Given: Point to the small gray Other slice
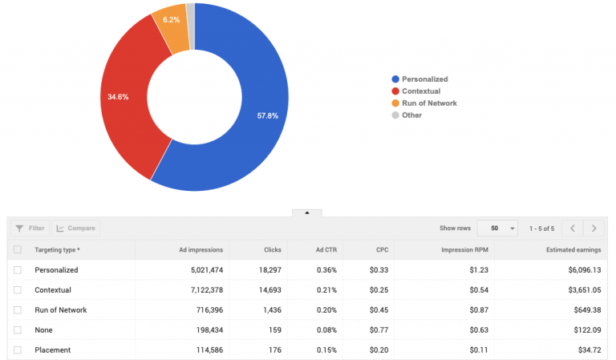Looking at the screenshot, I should tap(190, 11).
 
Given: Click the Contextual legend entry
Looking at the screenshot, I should tap(420, 91).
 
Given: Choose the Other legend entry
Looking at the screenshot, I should tap(411, 115).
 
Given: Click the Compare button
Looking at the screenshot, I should tap(75, 229).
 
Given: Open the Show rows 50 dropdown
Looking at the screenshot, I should tap(497, 229).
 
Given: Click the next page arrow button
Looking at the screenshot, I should tap(594, 229).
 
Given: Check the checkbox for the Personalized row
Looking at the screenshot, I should tap(18, 270).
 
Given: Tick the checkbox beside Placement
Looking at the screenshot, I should tap(18, 350).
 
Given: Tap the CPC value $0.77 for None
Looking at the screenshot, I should tap(377, 330).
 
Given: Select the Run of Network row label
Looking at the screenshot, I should tap(60, 309).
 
